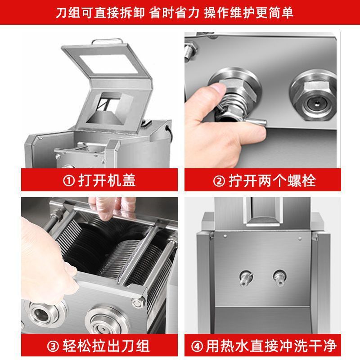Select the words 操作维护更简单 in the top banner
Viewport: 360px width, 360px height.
pos(248,12)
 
